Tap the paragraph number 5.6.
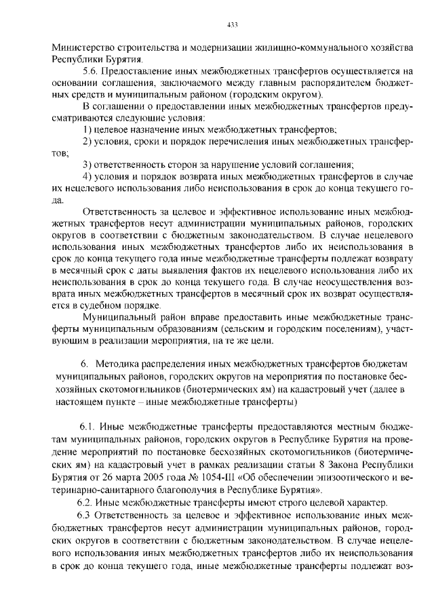coord(90,70)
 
